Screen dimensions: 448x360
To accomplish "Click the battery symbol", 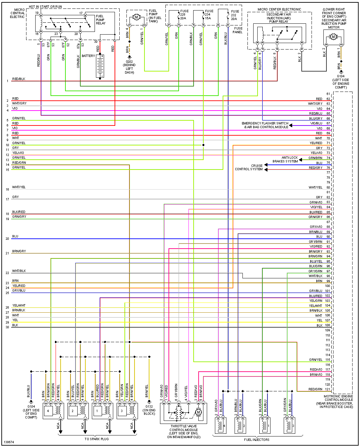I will [100, 67].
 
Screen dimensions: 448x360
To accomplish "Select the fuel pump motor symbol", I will [136, 17].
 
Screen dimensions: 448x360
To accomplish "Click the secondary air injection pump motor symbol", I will [333, 37].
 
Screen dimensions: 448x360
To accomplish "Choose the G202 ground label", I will [129, 67].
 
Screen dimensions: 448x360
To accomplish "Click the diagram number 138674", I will [9, 442].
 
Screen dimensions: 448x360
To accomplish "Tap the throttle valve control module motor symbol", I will [199, 412].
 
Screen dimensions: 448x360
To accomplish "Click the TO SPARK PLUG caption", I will [97, 439].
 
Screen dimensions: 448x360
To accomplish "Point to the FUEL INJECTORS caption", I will [257, 440].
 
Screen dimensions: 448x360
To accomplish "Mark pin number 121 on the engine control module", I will [327, 389].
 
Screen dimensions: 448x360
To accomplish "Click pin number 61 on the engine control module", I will [328, 94].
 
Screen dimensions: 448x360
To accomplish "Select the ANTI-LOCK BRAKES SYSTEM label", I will [285, 159].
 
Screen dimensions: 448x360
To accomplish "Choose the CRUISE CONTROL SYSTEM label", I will [249, 167].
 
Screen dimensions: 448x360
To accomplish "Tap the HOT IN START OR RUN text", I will [45, 7].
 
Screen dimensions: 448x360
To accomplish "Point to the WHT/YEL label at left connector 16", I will [19, 187].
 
